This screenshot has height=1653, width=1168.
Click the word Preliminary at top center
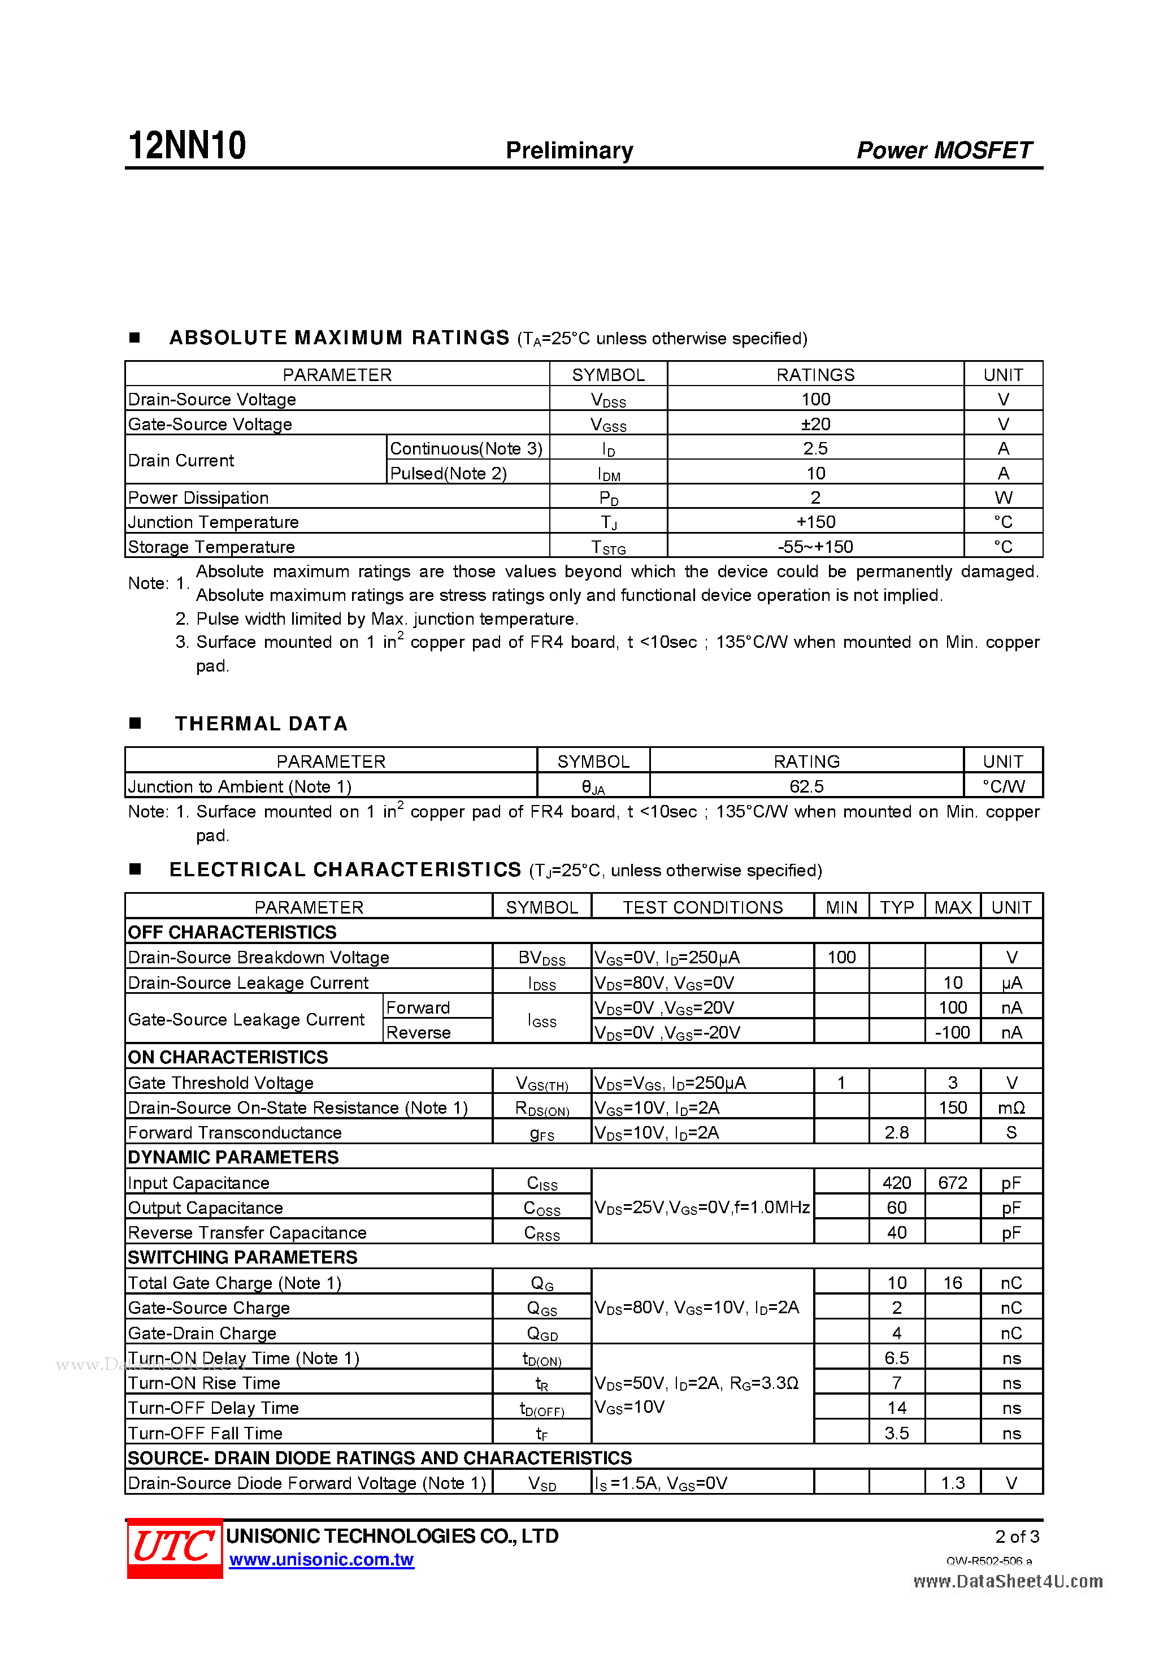(x=569, y=150)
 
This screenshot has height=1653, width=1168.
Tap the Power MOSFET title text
(x=944, y=150)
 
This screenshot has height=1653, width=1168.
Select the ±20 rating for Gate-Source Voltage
(x=815, y=424)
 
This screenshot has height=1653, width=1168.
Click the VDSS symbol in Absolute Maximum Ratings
(x=608, y=400)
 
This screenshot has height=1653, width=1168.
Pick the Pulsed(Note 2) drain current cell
(x=448, y=473)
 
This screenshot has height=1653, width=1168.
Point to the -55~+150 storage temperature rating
(x=815, y=547)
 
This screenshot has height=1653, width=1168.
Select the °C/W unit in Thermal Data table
(x=1003, y=786)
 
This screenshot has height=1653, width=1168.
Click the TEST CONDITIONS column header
(x=702, y=907)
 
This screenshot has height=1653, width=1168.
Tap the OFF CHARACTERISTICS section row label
(x=232, y=932)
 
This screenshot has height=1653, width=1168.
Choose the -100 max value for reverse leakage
(x=952, y=1032)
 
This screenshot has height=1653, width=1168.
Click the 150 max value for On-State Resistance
(x=952, y=1107)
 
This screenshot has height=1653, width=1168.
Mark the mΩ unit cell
(x=1011, y=1107)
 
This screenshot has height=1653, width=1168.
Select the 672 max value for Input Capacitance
(x=952, y=1183)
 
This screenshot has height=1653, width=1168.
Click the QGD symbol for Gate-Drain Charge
(x=542, y=1334)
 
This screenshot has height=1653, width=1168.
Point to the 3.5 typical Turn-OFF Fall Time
(x=897, y=1433)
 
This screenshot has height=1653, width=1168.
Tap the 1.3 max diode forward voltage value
(x=952, y=1483)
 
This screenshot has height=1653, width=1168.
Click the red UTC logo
(x=174, y=1548)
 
